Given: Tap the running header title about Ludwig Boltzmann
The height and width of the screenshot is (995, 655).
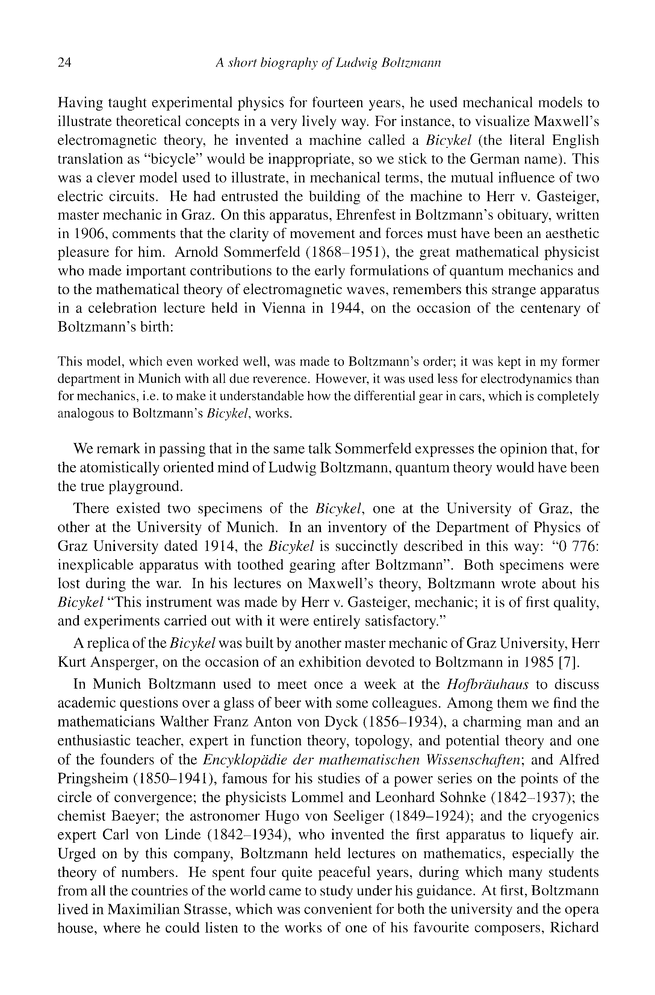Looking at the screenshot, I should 328,63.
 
